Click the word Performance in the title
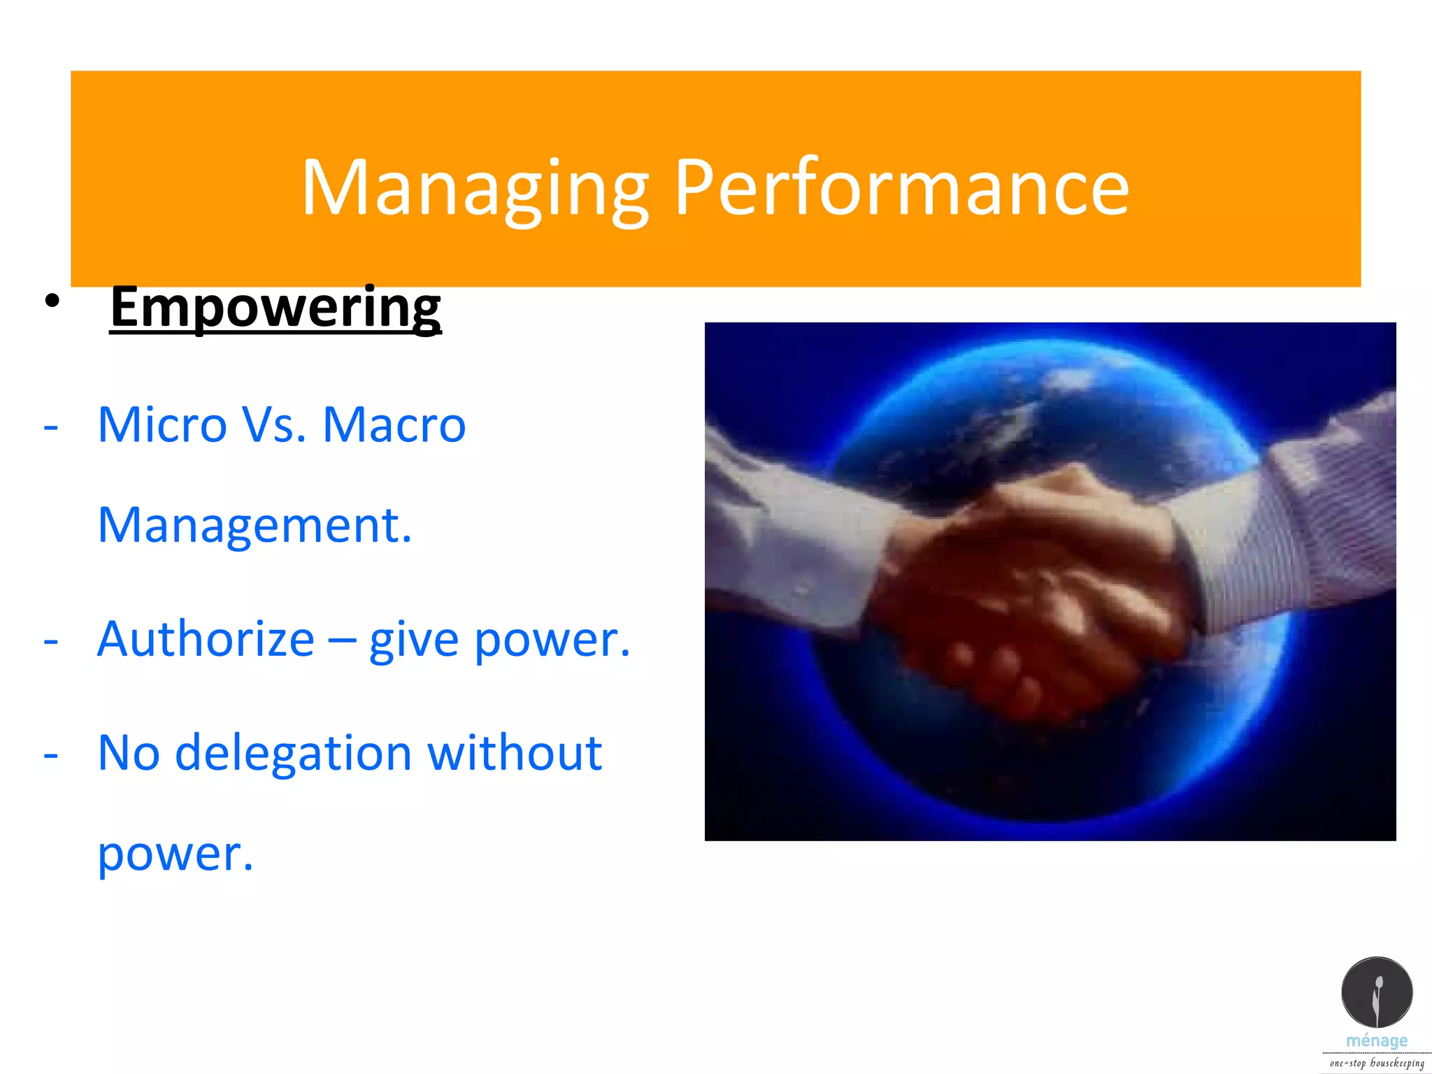901,187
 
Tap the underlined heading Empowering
275,308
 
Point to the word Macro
394,425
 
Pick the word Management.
255,526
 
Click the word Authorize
206,639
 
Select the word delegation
293,754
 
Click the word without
515,754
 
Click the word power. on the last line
175,854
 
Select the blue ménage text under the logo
1377,1041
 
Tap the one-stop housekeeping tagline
1377,1064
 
